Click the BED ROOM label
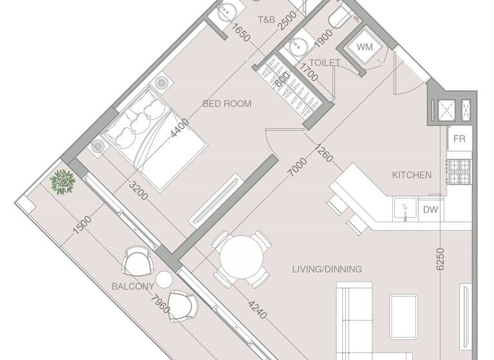coord(226,104)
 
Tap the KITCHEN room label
coord(412,175)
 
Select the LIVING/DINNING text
coord(327,269)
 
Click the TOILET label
coord(324,63)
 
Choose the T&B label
coord(266,21)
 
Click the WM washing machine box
coord(365,47)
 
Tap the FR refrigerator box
coord(459,139)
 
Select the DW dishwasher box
coord(430,210)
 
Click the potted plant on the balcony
coord(62,182)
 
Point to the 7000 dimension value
coord(297,169)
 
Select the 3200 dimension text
coord(136,189)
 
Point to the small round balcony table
coord(165,280)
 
